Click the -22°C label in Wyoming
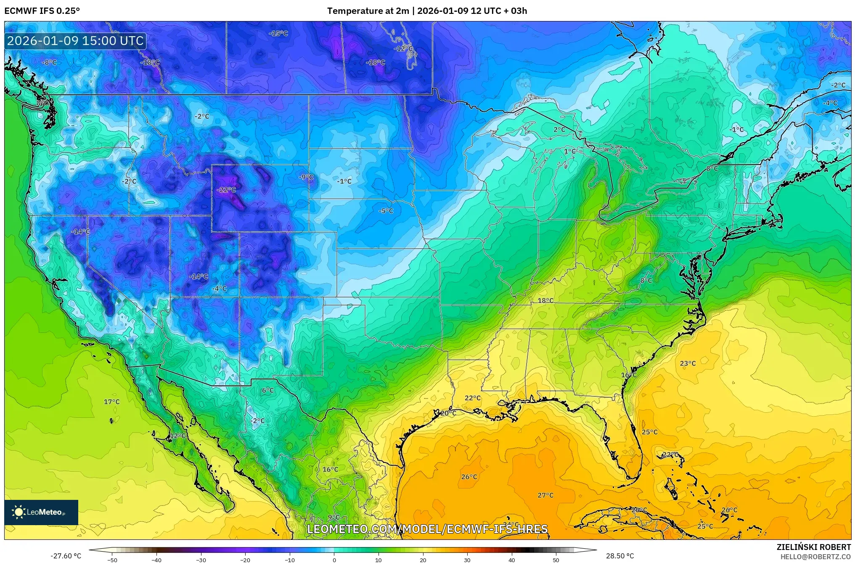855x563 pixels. tap(226, 190)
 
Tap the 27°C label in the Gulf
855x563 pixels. tap(545, 495)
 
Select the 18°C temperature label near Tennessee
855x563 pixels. tap(545, 300)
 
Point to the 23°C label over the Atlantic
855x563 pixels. tap(688, 363)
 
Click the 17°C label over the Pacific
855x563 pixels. tap(112, 401)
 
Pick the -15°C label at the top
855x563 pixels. tap(278, 33)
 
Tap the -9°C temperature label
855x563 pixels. tap(306, 177)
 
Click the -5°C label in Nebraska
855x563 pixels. tap(386, 210)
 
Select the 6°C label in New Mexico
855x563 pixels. tap(267, 390)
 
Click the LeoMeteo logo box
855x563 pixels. tap(41, 512)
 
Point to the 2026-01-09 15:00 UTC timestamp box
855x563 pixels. tap(75, 41)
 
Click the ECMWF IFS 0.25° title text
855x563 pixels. tap(42, 11)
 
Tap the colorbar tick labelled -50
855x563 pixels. tap(112, 560)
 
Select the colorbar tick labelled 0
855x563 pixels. tap(334, 560)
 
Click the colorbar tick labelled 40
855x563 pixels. tap(511, 560)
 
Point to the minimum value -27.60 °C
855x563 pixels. tap(66, 556)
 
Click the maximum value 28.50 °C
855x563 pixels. tap(619, 556)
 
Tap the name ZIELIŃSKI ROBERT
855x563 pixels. tap(813, 547)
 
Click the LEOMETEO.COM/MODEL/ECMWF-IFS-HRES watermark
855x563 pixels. tap(427, 529)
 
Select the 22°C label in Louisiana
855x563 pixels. tap(472, 398)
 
